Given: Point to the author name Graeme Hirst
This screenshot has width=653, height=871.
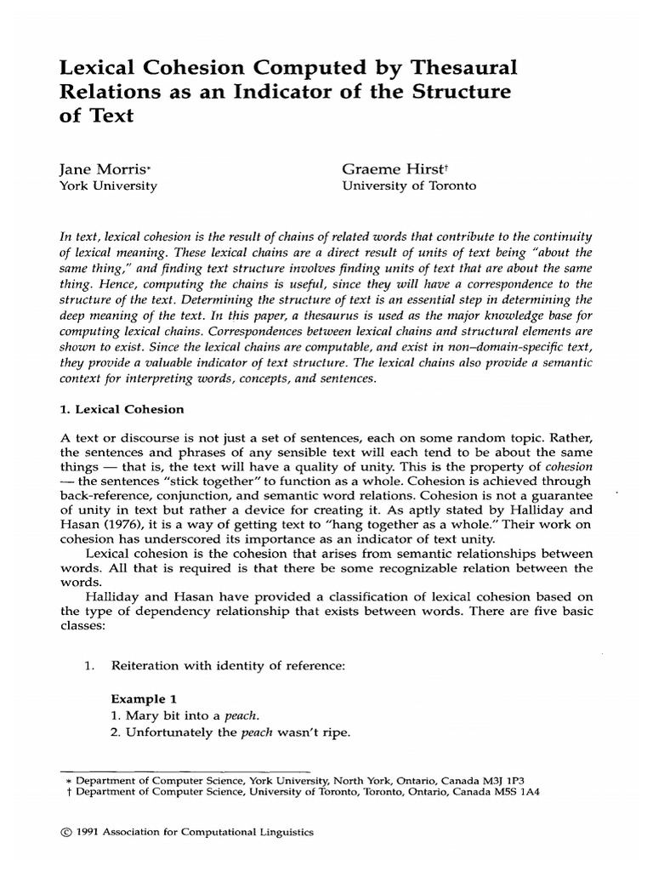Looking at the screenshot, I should coord(384,169).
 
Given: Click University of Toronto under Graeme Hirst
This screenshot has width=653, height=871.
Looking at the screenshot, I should coord(397,185).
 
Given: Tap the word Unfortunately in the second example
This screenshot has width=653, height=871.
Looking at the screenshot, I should coord(169,733).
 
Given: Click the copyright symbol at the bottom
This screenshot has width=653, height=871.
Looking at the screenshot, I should coord(56,834).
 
